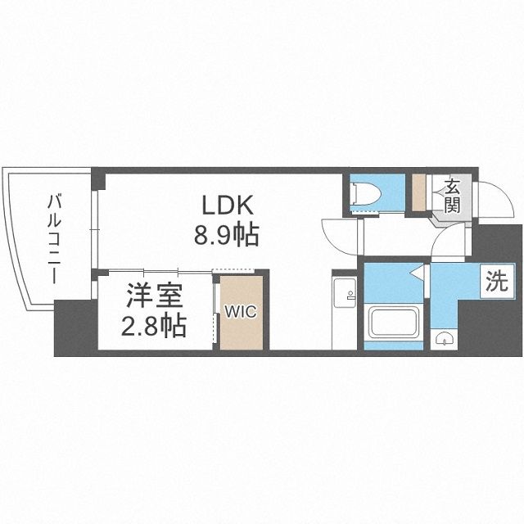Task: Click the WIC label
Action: tap(239, 310)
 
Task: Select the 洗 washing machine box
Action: tap(496, 282)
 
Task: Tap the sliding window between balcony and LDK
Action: tap(96, 222)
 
